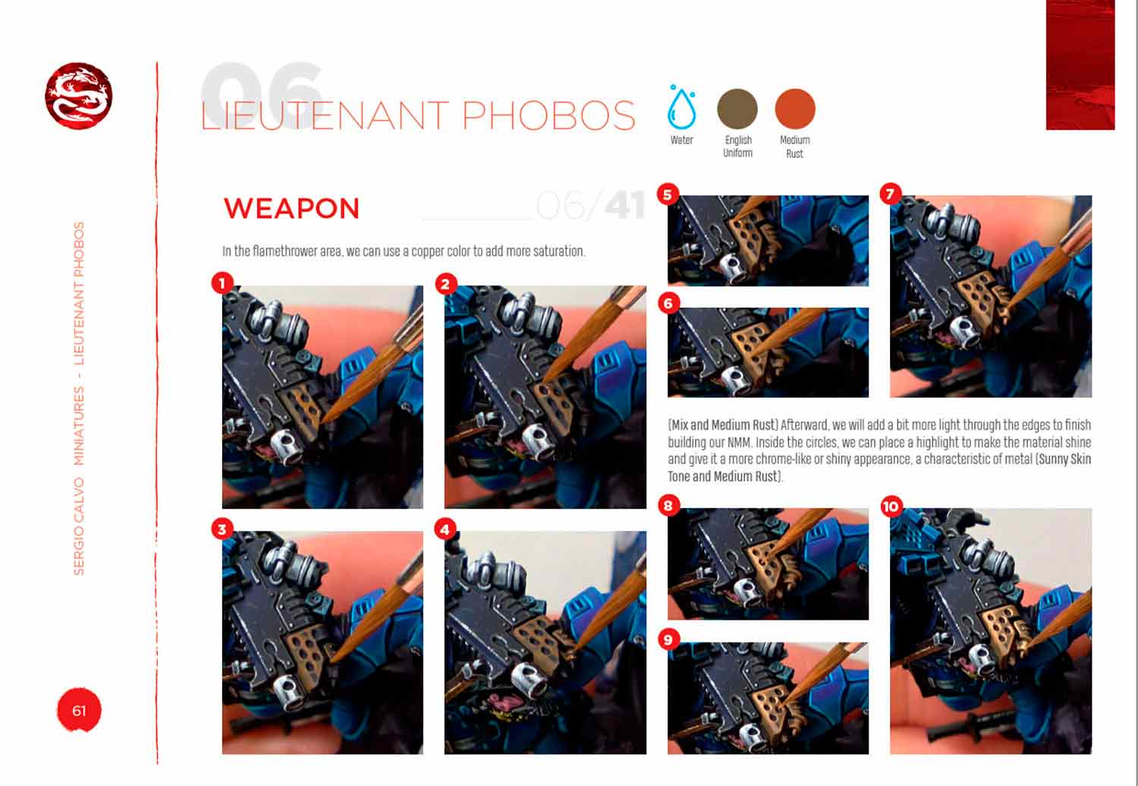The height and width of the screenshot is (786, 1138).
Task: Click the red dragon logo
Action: coord(79,96)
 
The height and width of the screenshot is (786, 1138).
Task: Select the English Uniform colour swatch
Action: coord(737,109)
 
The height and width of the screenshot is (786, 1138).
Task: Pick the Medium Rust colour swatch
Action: coord(795,109)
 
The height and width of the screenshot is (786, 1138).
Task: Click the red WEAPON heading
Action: coord(291,208)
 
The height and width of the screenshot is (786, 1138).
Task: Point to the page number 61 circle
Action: coord(79,710)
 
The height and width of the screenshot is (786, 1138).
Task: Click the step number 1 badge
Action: coord(222,283)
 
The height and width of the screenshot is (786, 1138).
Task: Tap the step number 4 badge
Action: coord(445,530)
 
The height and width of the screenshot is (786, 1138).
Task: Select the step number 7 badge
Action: coord(891,194)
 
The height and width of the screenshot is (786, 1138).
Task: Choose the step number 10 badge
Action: coord(891,507)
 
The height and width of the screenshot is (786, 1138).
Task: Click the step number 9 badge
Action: coord(668,639)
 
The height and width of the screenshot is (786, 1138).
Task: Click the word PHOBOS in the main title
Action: coord(549,116)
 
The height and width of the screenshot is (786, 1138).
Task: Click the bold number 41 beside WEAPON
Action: coord(625,207)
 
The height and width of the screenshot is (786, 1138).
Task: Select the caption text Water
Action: coord(681,140)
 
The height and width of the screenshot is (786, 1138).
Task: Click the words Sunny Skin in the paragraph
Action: coord(1065,459)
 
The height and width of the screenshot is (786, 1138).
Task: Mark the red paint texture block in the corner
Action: coord(1080,65)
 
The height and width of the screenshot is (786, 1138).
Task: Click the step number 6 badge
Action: coord(668,303)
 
